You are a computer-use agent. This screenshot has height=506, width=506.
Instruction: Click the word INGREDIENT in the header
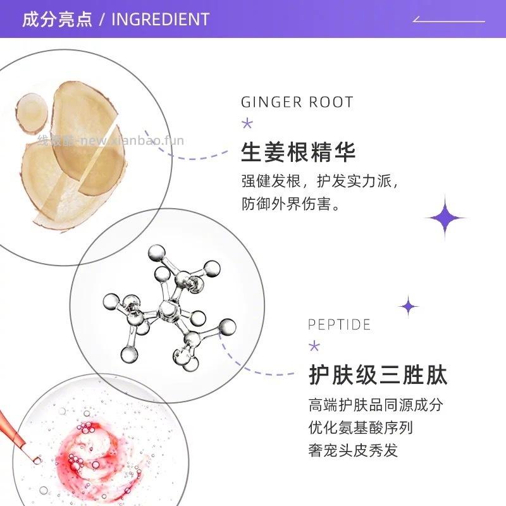160,19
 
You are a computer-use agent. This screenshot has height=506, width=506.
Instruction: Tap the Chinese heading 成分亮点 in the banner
56,19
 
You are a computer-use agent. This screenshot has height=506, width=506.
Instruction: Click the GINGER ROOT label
297,102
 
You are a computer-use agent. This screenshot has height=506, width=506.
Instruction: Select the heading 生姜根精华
299,152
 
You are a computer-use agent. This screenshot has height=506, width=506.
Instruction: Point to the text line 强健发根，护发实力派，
321,182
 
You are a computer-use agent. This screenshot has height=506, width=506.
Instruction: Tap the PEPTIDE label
339,324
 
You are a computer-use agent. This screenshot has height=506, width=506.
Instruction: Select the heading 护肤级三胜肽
378,375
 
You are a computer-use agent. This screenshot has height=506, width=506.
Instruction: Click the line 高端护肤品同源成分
376,405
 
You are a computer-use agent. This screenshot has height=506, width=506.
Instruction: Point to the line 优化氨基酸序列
361,428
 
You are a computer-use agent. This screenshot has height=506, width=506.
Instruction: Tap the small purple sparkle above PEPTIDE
409,307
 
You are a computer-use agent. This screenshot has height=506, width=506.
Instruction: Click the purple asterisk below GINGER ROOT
247,123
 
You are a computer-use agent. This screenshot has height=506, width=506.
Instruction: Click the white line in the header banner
449,21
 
